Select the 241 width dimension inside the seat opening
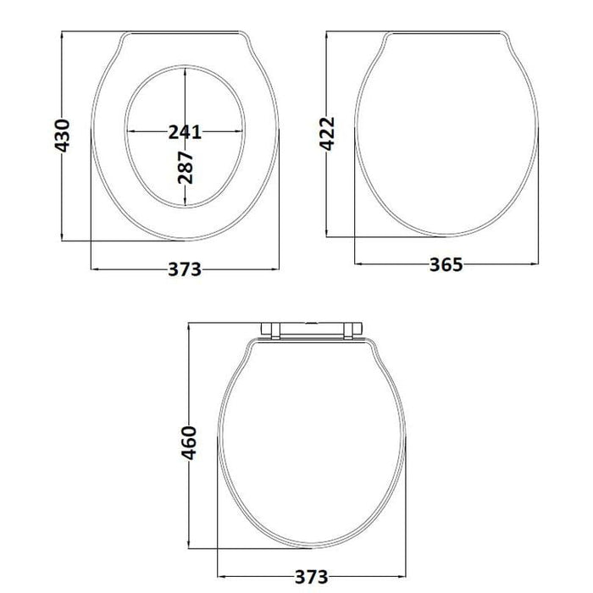tap(185, 131)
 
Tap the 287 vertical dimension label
tap(186, 167)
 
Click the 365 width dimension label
tap(446, 264)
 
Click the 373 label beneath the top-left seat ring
tap(185, 269)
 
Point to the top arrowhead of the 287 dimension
tap(186, 70)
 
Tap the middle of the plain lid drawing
tap(446, 136)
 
